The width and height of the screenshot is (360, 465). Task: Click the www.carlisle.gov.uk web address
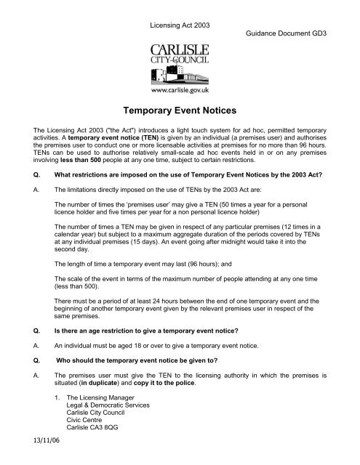tap(180, 92)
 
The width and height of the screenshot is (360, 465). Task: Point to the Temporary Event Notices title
tap(180, 113)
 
